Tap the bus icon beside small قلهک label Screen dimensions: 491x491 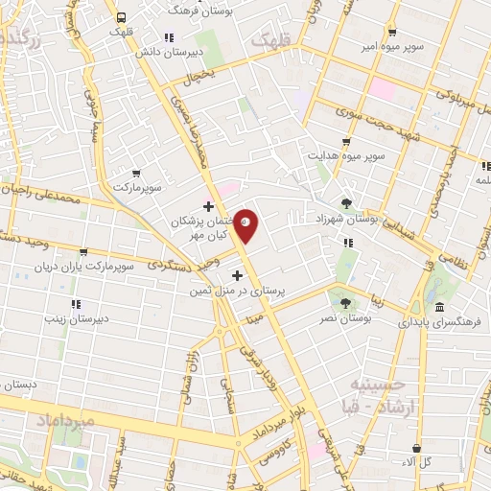[121, 16]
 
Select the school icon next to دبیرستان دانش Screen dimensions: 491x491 [169, 37]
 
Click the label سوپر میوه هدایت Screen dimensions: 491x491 [346, 153]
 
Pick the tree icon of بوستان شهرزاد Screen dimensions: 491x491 [345, 202]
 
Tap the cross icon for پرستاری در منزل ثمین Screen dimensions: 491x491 [238, 276]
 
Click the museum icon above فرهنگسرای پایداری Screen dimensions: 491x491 [439, 307]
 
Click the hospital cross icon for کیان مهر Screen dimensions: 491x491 [208, 205]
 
